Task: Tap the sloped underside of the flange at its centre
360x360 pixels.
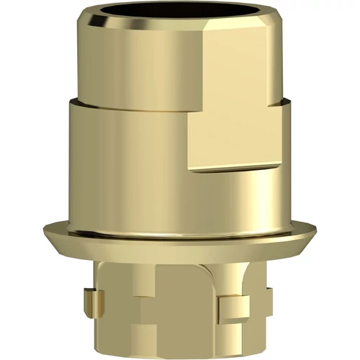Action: (x=180, y=248)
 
